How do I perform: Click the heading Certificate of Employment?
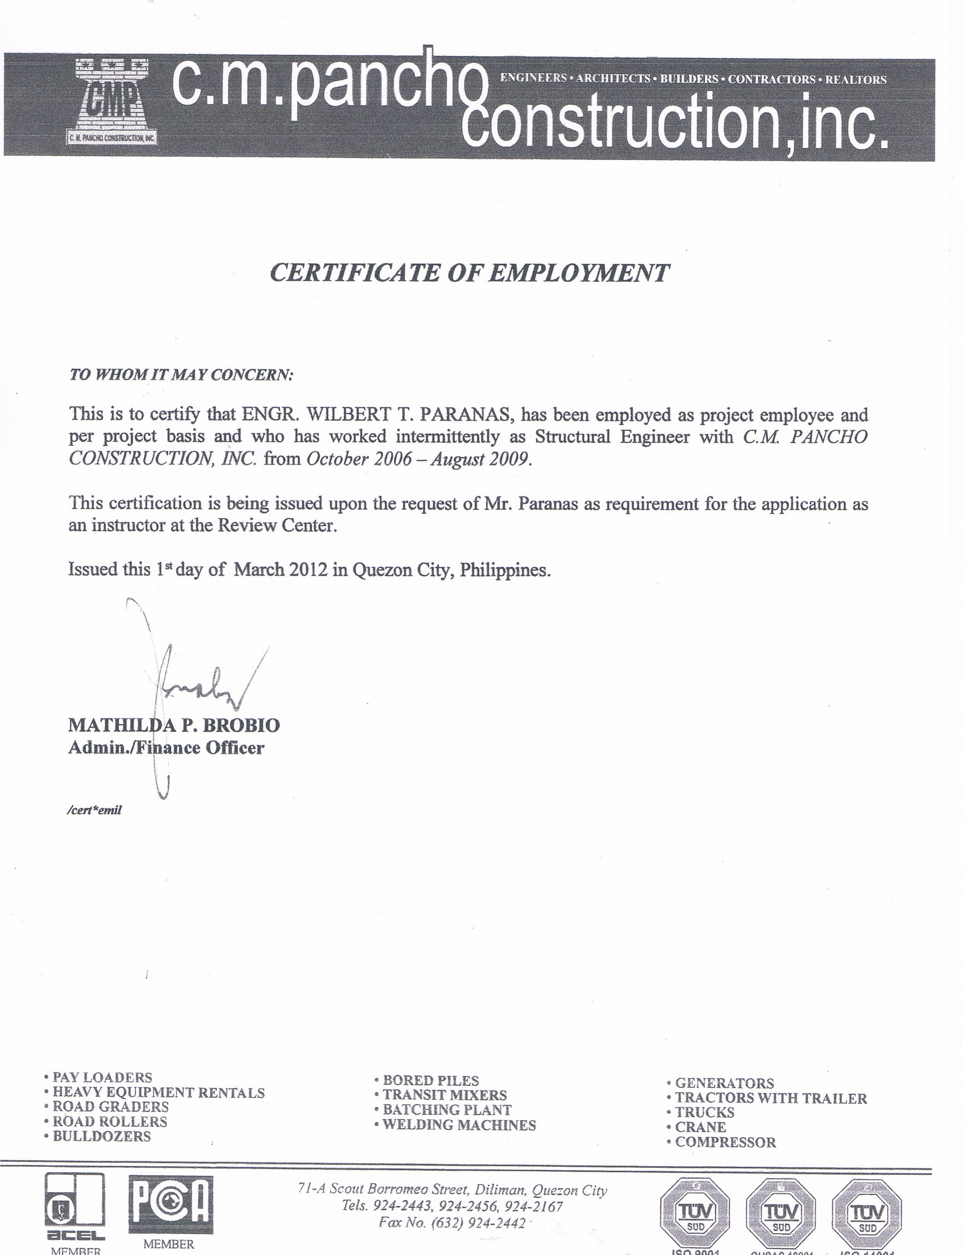[469, 273]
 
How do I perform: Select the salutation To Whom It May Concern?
[181, 375]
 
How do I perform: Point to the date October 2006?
[359, 460]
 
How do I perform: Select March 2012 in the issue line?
[280, 570]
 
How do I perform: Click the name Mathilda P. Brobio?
[174, 726]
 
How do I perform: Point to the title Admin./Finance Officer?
[166, 748]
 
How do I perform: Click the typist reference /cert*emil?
[94, 810]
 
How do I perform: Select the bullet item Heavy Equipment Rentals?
[158, 1093]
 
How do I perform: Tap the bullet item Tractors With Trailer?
[770, 1098]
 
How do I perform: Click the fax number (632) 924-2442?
[452, 1223]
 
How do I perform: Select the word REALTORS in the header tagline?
[855, 79]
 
